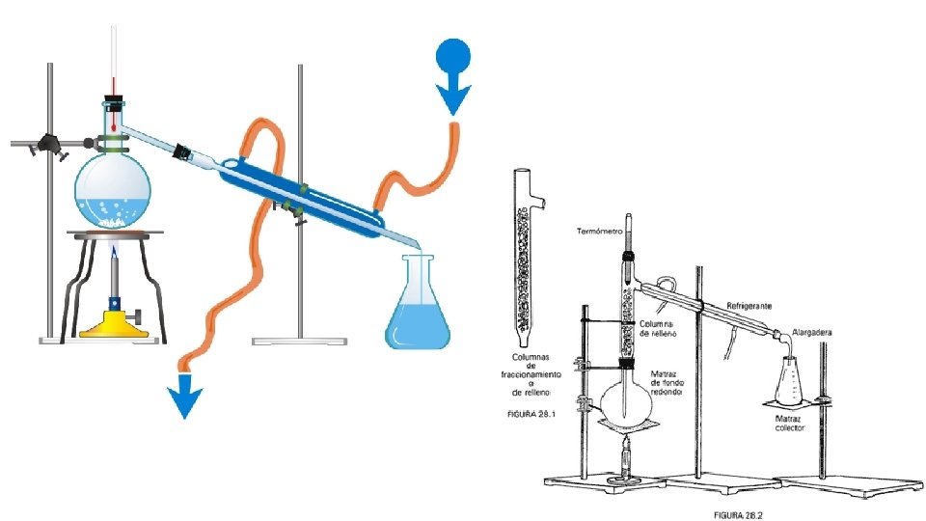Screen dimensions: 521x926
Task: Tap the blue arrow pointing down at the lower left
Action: [x=183, y=396]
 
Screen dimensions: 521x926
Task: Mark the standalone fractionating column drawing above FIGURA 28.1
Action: [x=523, y=256]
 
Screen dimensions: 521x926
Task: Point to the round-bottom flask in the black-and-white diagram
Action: [x=626, y=400]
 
